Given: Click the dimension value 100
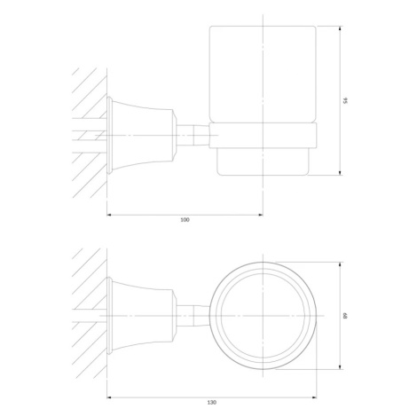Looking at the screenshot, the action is click(185, 219).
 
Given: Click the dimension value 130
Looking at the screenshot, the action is click(212, 402).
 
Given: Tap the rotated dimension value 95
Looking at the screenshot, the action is click(345, 100).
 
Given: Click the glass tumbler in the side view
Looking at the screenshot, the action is click(263, 74).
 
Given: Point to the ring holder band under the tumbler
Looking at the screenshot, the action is click(263, 135).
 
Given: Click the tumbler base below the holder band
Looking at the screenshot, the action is click(263, 161).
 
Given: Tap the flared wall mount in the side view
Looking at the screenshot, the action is click(140, 135).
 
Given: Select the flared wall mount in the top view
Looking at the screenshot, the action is click(140, 316).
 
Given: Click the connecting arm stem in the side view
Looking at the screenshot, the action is click(193, 135).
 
